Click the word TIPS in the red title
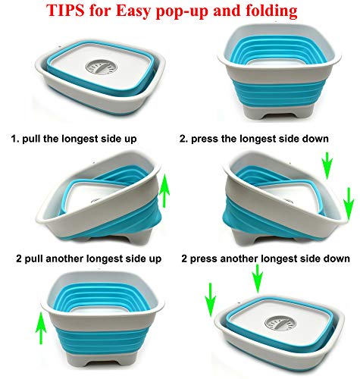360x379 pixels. coord(65,11)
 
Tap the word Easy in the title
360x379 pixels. coord(133,11)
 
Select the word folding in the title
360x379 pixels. coord(269,11)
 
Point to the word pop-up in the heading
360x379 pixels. coord(181,12)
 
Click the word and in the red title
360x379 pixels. coord(224,11)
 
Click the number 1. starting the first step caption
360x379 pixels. coord(15,139)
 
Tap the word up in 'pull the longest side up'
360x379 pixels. coord(131,139)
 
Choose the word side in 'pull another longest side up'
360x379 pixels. coord(132,258)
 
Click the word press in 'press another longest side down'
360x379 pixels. coord(204,259)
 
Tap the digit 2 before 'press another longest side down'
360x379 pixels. coord(184,258)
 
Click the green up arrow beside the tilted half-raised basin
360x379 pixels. coord(164,190)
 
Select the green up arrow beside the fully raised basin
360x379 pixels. coord(41,327)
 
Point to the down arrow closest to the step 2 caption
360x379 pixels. coord(327,165)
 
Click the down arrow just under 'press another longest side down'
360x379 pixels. coord(258,278)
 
